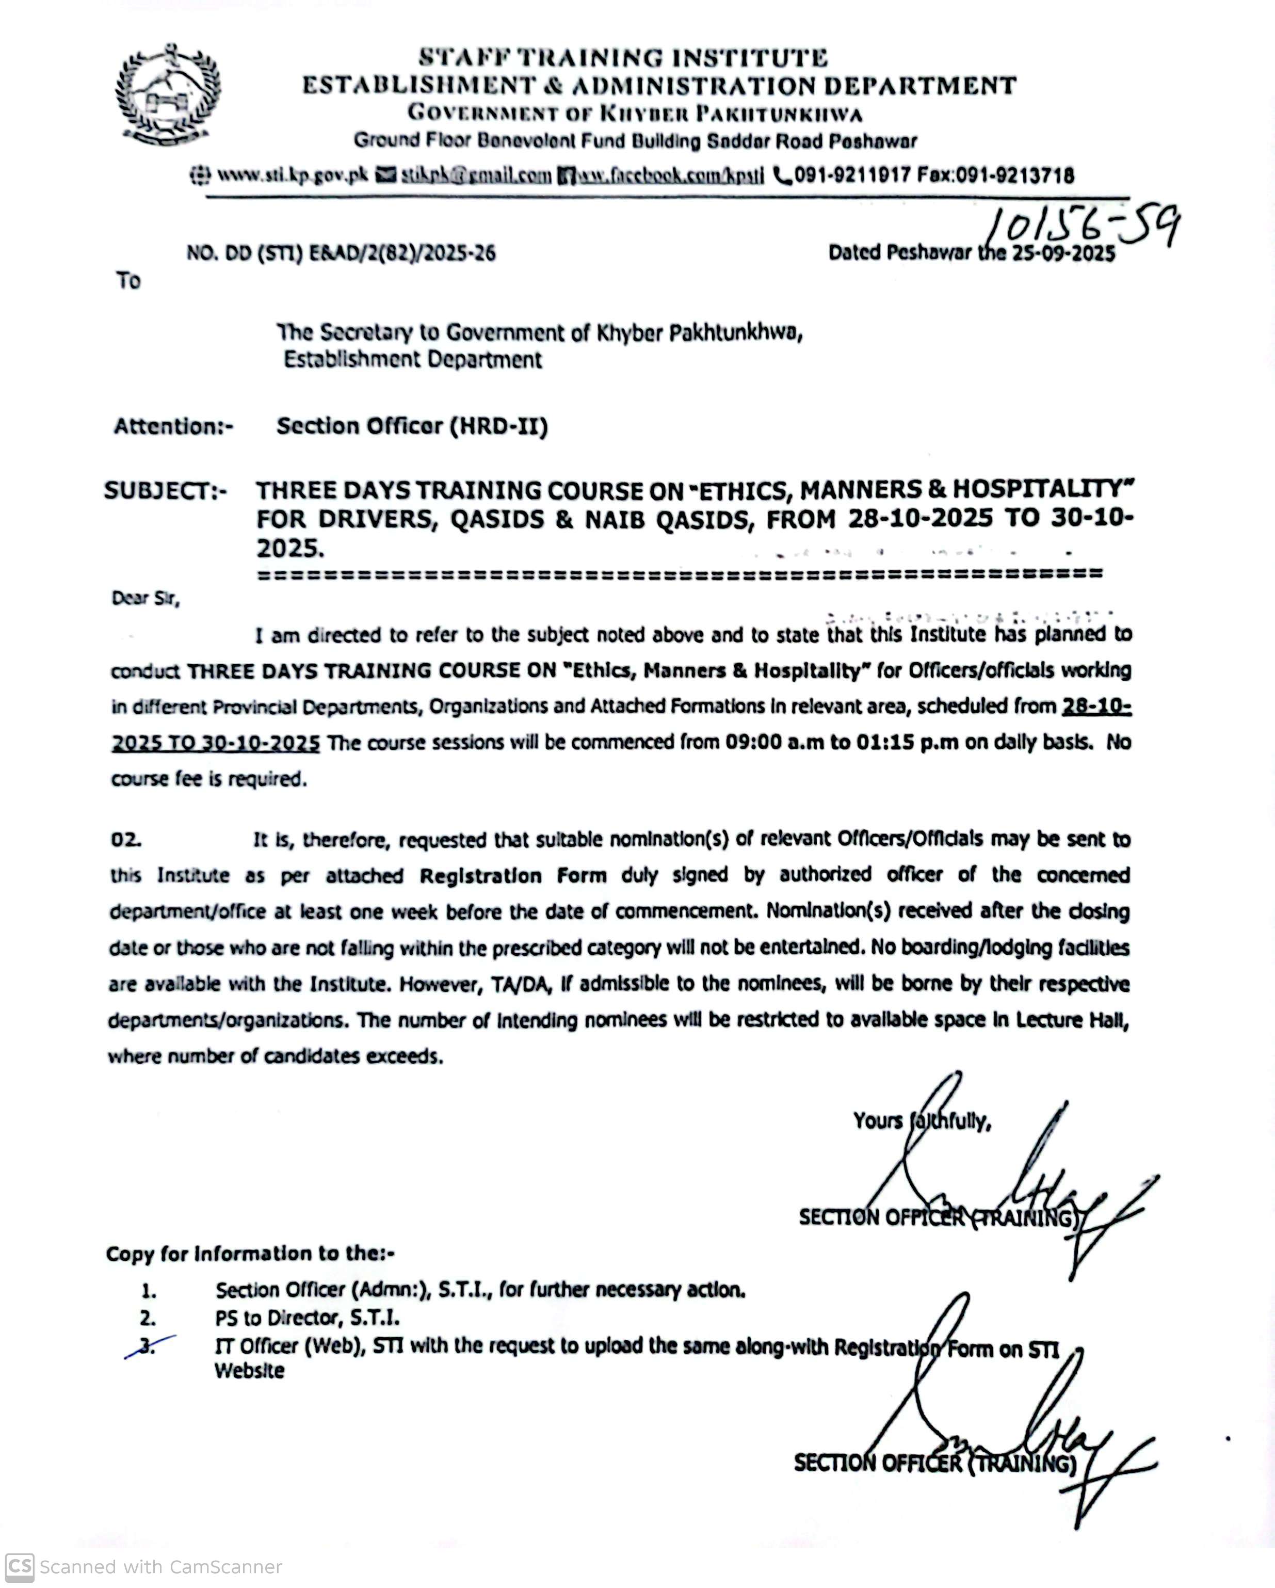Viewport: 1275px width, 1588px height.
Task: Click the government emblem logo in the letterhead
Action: tap(168, 94)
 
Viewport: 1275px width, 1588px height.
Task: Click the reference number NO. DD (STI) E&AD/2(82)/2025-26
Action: tap(341, 253)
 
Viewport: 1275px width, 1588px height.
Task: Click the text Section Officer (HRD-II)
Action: tap(412, 426)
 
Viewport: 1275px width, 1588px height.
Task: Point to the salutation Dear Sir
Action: tap(145, 598)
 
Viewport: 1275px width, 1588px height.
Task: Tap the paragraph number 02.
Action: tap(125, 840)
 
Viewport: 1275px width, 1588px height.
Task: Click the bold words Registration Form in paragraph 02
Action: tap(513, 876)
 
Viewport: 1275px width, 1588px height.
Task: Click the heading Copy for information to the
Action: tap(250, 1254)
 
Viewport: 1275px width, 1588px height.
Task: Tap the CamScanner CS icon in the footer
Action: tap(19, 1567)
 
